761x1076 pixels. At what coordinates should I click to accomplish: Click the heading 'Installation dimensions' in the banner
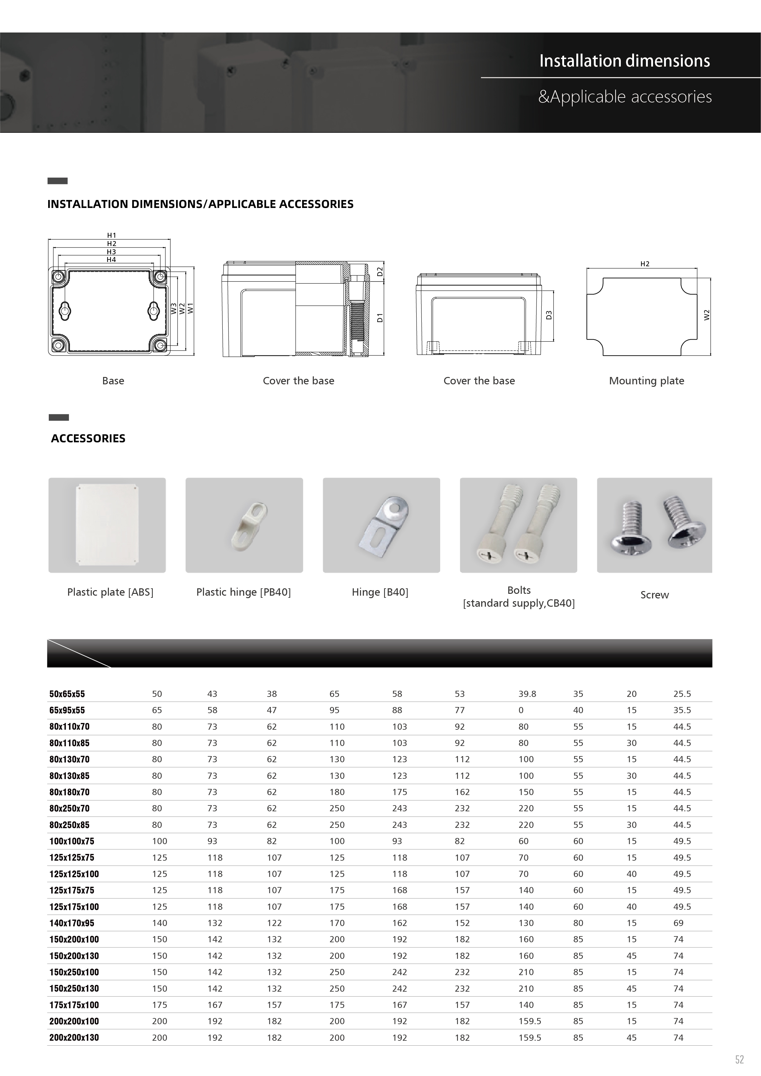pos(624,61)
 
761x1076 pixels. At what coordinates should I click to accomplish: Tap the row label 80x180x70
pos(69,792)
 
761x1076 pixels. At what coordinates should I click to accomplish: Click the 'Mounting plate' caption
pos(646,381)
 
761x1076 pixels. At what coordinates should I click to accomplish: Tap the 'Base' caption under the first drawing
pos(113,381)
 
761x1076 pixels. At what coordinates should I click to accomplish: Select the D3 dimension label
pos(549,315)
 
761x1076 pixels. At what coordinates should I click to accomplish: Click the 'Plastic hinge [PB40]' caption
pos(243,592)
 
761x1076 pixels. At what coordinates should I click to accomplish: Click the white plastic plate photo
pos(107,525)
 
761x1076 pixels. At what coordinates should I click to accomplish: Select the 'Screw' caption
pos(654,595)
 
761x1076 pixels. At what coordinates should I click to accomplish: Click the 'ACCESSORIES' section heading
pos(88,438)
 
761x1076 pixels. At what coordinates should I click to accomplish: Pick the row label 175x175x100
pos(74,1005)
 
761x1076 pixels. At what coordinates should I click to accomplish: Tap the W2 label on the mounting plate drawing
pos(707,315)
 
